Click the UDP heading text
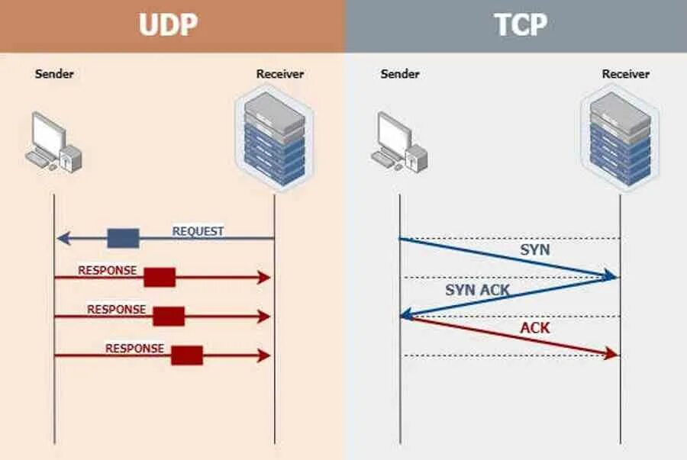click(x=168, y=24)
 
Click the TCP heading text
click(x=521, y=24)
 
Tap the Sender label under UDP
click(x=54, y=74)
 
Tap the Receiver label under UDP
click(x=279, y=74)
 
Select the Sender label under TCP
click(x=399, y=74)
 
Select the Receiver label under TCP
click(x=625, y=74)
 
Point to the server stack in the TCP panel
click(x=620, y=137)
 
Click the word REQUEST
click(x=198, y=231)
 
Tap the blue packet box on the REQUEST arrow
click(x=123, y=239)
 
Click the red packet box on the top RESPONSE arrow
click(x=160, y=278)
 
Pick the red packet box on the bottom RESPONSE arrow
click(x=186, y=355)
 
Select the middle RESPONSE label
click(x=116, y=310)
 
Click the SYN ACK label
click(x=477, y=290)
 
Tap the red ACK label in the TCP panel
click(x=535, y=328)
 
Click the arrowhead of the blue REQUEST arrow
click(x=61, y=239)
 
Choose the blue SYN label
click(x=534, y=249)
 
